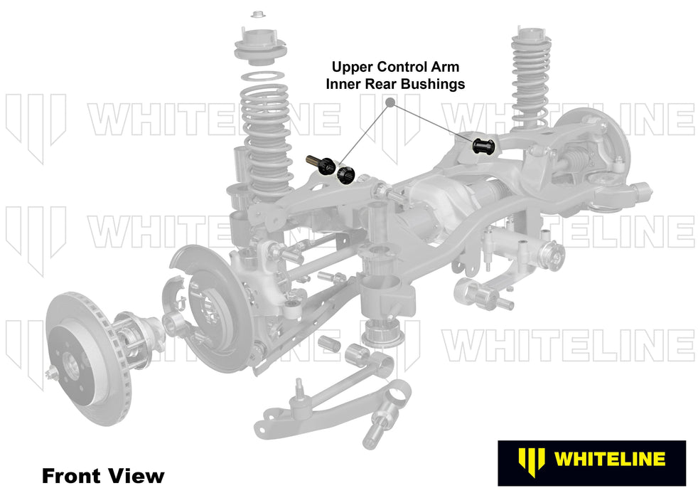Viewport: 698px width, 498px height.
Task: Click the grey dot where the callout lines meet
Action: pyautogui.click(x=390, y=102)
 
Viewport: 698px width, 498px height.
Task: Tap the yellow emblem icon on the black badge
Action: pyautogui.click(x=527, y=459)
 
